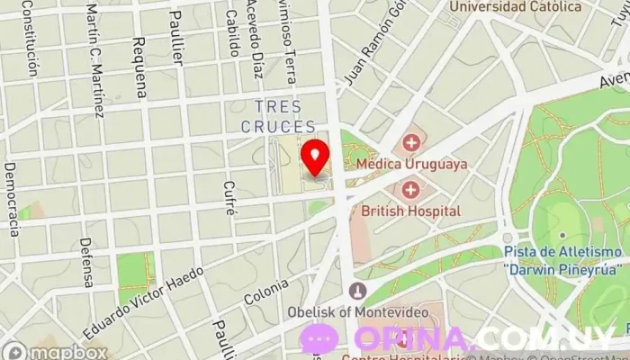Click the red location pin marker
click(315, 157)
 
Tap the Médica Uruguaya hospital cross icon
click(411, 143)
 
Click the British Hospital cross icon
click(410, 190)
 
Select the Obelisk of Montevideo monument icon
click(358, 291)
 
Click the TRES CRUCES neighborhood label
click(278, 117)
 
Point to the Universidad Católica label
click(516, 7)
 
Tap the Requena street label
click(139, 67)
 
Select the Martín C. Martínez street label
click(94, 58)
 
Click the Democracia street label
click(12, 199)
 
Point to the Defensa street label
click(86, 262)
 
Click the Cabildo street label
click(231, 31)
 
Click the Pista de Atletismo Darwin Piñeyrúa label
click(562, 260)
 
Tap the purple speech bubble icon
click(319, 339)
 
